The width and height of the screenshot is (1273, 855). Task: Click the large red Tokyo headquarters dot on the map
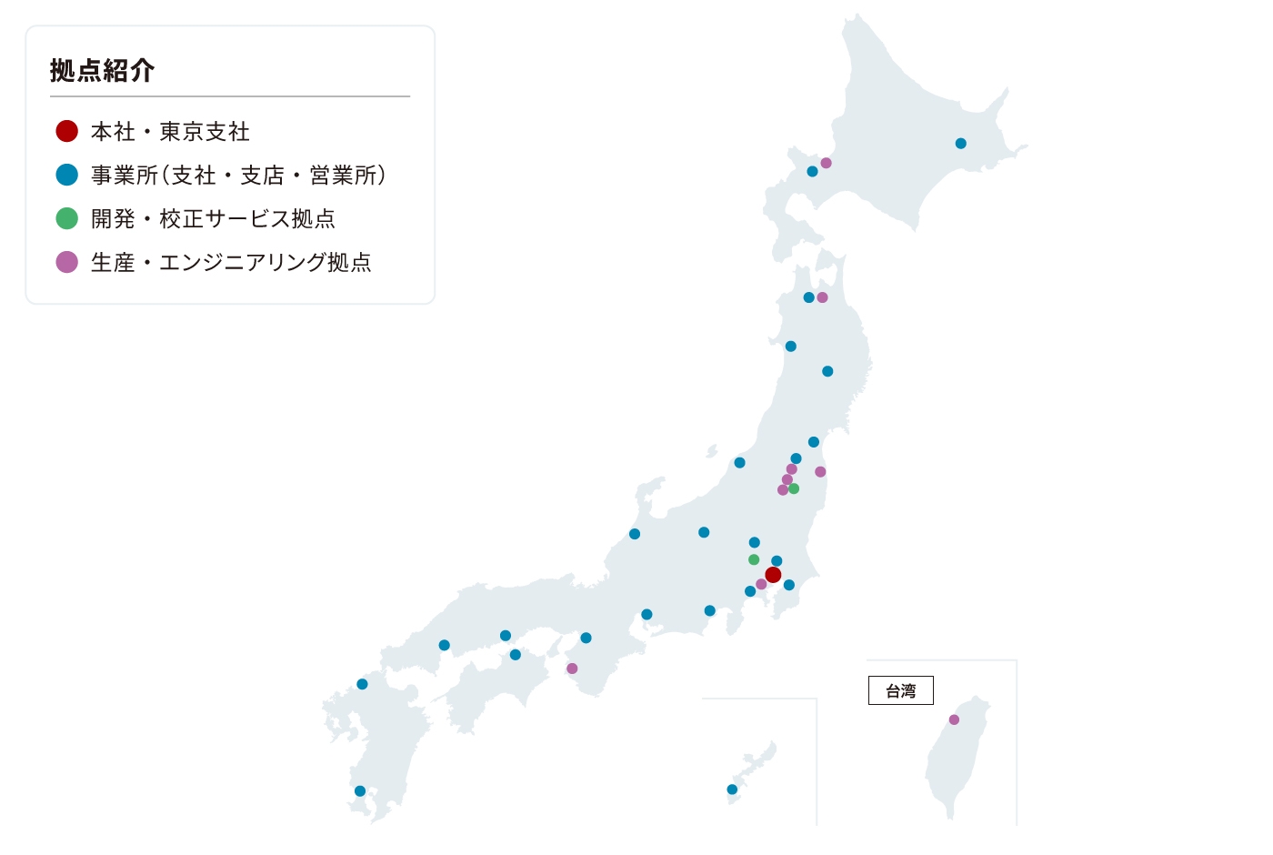(x=773, y=575)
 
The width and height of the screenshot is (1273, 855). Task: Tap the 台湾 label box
(x=900, y=691)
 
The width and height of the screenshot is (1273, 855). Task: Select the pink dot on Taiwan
(x=954, y=719)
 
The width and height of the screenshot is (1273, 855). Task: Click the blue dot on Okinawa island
(x=732, y=790)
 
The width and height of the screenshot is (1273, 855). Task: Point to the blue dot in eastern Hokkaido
(x=960, y=143)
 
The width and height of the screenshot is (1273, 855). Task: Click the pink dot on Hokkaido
(x=826, y=163)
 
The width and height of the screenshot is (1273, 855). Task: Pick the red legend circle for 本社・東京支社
(x=66, y=131)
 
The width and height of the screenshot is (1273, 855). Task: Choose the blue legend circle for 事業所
(x=66, y=175)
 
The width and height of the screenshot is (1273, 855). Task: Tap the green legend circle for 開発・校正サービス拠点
(x=66, y=218)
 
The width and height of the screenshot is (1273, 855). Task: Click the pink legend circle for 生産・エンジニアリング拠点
(x=66, y=262)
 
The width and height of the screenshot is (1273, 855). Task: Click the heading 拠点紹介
(x=102, y=70)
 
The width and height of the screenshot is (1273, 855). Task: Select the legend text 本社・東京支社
(x=170, y=132)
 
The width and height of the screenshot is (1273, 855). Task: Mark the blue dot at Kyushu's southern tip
(x=360, y=790)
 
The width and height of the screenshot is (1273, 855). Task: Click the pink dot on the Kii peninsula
(x=572, y=669)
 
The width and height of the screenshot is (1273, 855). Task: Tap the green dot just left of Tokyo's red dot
(x=754, y=559)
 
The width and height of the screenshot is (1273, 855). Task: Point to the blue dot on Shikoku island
(x=516, y=655)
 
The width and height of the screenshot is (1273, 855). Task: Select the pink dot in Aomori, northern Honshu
(x=822, y=297)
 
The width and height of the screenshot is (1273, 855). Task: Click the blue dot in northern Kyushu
(x=362, y=684)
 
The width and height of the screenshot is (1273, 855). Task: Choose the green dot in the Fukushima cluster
(x=794, y=488)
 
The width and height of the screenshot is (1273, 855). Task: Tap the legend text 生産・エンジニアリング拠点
(x=231, y=263)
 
